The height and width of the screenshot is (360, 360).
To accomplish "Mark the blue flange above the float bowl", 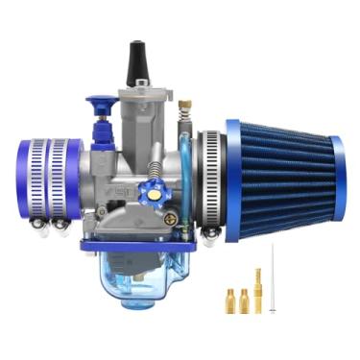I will tap(144, 246).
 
